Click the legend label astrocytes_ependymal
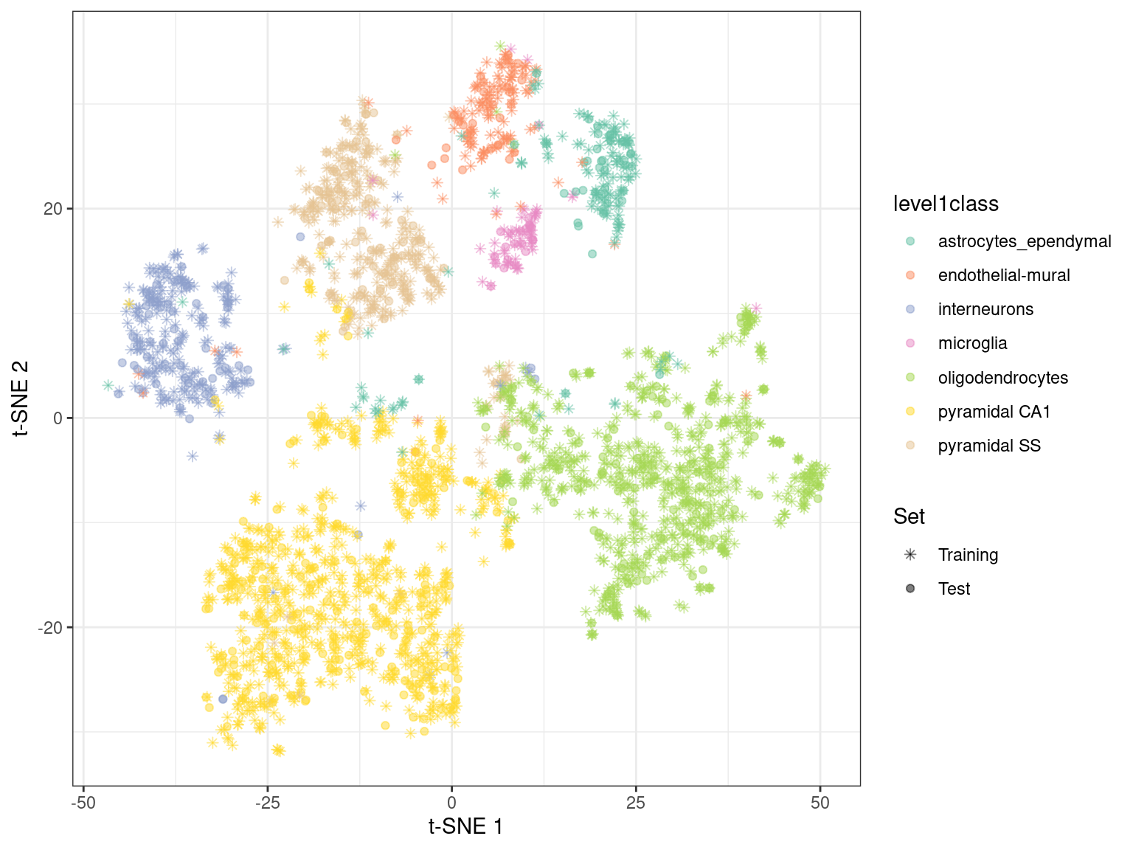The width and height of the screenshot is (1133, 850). coord(1024,241)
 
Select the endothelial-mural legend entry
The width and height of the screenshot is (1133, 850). coord(1003,275)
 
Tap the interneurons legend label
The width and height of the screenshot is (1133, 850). coord(985,309)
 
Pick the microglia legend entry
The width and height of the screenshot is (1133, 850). coord(972,343)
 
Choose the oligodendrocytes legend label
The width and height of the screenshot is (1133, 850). coord(1002,378)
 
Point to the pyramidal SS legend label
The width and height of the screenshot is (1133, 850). coord(989,446)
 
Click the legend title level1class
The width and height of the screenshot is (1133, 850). coord(946,204)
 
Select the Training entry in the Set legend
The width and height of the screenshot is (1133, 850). coord(968,555)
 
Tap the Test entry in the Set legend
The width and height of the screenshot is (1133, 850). coord(954,589)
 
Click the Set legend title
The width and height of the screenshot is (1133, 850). coord(909,516)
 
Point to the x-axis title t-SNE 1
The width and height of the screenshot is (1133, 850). coord(466,826)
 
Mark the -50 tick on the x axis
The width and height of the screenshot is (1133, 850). coord(83,803)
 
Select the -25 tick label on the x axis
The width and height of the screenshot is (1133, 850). coord(268,803)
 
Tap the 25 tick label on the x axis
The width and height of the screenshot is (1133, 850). coord(636,803)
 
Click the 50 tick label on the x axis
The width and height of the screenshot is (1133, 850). coord(820,803)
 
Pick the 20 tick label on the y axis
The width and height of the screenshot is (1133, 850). coord(53,209)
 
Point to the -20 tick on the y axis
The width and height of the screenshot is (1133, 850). coord(50,627)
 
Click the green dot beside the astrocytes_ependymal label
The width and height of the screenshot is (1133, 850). coord(910,241)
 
